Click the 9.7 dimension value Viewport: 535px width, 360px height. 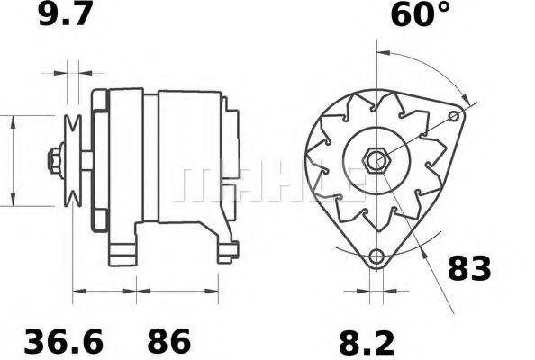pos(65,15)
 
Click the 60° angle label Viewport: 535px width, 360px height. pos(419,15)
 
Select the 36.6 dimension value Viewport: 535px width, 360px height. pos(63,342)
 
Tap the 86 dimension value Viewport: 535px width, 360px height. pos(169,342)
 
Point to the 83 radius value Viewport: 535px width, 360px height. pos(469,268)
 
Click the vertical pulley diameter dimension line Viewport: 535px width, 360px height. pos(13,162)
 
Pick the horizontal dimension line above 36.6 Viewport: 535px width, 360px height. pos(104,291)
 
